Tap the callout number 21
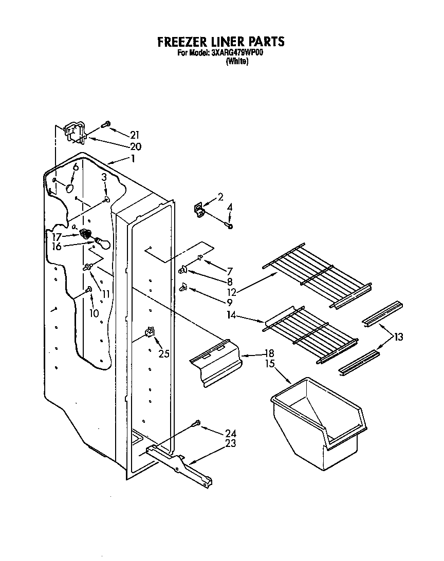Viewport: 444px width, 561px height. point(135,135)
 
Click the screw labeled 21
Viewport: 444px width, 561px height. point(106,124)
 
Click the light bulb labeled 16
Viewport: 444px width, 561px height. point(101,242)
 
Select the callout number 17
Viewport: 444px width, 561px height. point(56,237)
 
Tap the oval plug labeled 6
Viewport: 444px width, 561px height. point(68,188)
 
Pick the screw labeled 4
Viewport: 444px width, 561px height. point(230,225)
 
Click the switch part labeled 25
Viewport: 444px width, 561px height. point(151,332)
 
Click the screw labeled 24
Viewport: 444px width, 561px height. point(196,423)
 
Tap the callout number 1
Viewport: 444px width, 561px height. point(133,159)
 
